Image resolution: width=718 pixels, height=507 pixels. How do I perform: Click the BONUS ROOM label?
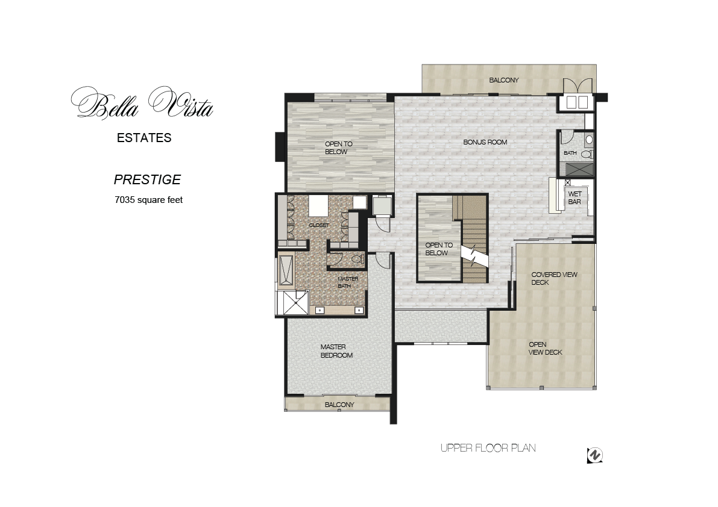[485, 142]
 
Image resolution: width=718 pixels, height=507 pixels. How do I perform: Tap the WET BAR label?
[575, 198]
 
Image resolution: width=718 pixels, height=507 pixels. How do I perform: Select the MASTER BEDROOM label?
[336, 351]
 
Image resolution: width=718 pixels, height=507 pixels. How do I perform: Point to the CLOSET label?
[319, 225]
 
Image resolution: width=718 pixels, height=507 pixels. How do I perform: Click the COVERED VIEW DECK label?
[554, 278]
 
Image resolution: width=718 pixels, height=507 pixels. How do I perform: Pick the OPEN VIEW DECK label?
[545, 349]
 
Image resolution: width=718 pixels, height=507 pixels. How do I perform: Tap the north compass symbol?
[595, 455]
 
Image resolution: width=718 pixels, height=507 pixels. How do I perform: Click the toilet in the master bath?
[357, 260]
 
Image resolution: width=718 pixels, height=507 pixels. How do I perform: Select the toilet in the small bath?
[588, 155]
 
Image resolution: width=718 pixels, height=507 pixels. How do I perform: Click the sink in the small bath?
[589, 139]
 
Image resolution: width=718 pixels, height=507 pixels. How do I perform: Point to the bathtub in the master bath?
[286, 270]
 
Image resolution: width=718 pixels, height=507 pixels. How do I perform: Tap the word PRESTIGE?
[148, 179]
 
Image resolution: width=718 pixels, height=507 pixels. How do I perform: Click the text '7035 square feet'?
[149, 200]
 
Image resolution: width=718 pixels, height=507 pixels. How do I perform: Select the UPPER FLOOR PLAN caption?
[488, 448]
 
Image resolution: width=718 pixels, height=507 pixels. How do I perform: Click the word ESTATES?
[144, 138]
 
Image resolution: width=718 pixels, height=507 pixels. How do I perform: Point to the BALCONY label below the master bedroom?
[339, 405]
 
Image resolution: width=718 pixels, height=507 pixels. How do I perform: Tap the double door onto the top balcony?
[578, 86]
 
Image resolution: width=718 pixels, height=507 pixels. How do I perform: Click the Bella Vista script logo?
[142, 103]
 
